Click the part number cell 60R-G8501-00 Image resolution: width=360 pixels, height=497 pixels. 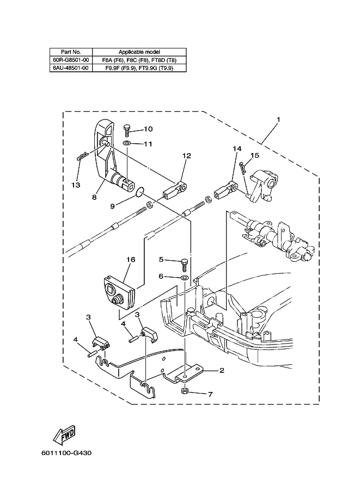click(x=71, y=59)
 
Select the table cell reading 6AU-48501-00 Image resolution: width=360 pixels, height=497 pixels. click(x=71, y=68)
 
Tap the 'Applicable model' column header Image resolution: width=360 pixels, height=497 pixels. click(x=139, y=52)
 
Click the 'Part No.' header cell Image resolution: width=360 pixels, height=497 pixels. click(x=71, y=52)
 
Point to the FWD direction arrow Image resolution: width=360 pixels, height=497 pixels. click(x=64, y=435)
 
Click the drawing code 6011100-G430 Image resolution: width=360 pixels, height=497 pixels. click(x=66, y=453)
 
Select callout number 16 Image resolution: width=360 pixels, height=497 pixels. click(x=131, y=260)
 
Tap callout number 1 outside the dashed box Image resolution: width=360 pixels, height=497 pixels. click(x=278, y=120)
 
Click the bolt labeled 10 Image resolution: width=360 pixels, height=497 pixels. click(x=126, y=130)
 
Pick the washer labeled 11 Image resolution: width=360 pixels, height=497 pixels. click(x=127, y=144)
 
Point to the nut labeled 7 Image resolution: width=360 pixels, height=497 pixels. click(x=185, y=391)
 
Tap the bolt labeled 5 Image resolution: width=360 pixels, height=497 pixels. click(x=185, y=265)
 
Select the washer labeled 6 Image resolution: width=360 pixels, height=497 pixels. click(x=185, y=278)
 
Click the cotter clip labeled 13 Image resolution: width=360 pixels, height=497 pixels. click(x=82, y=156)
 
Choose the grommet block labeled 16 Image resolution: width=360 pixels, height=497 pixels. click(x=120, y=291)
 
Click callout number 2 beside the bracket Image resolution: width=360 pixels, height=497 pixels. click(x=222, y=370)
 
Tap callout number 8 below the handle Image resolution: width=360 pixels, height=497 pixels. click(x=94, y=197)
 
